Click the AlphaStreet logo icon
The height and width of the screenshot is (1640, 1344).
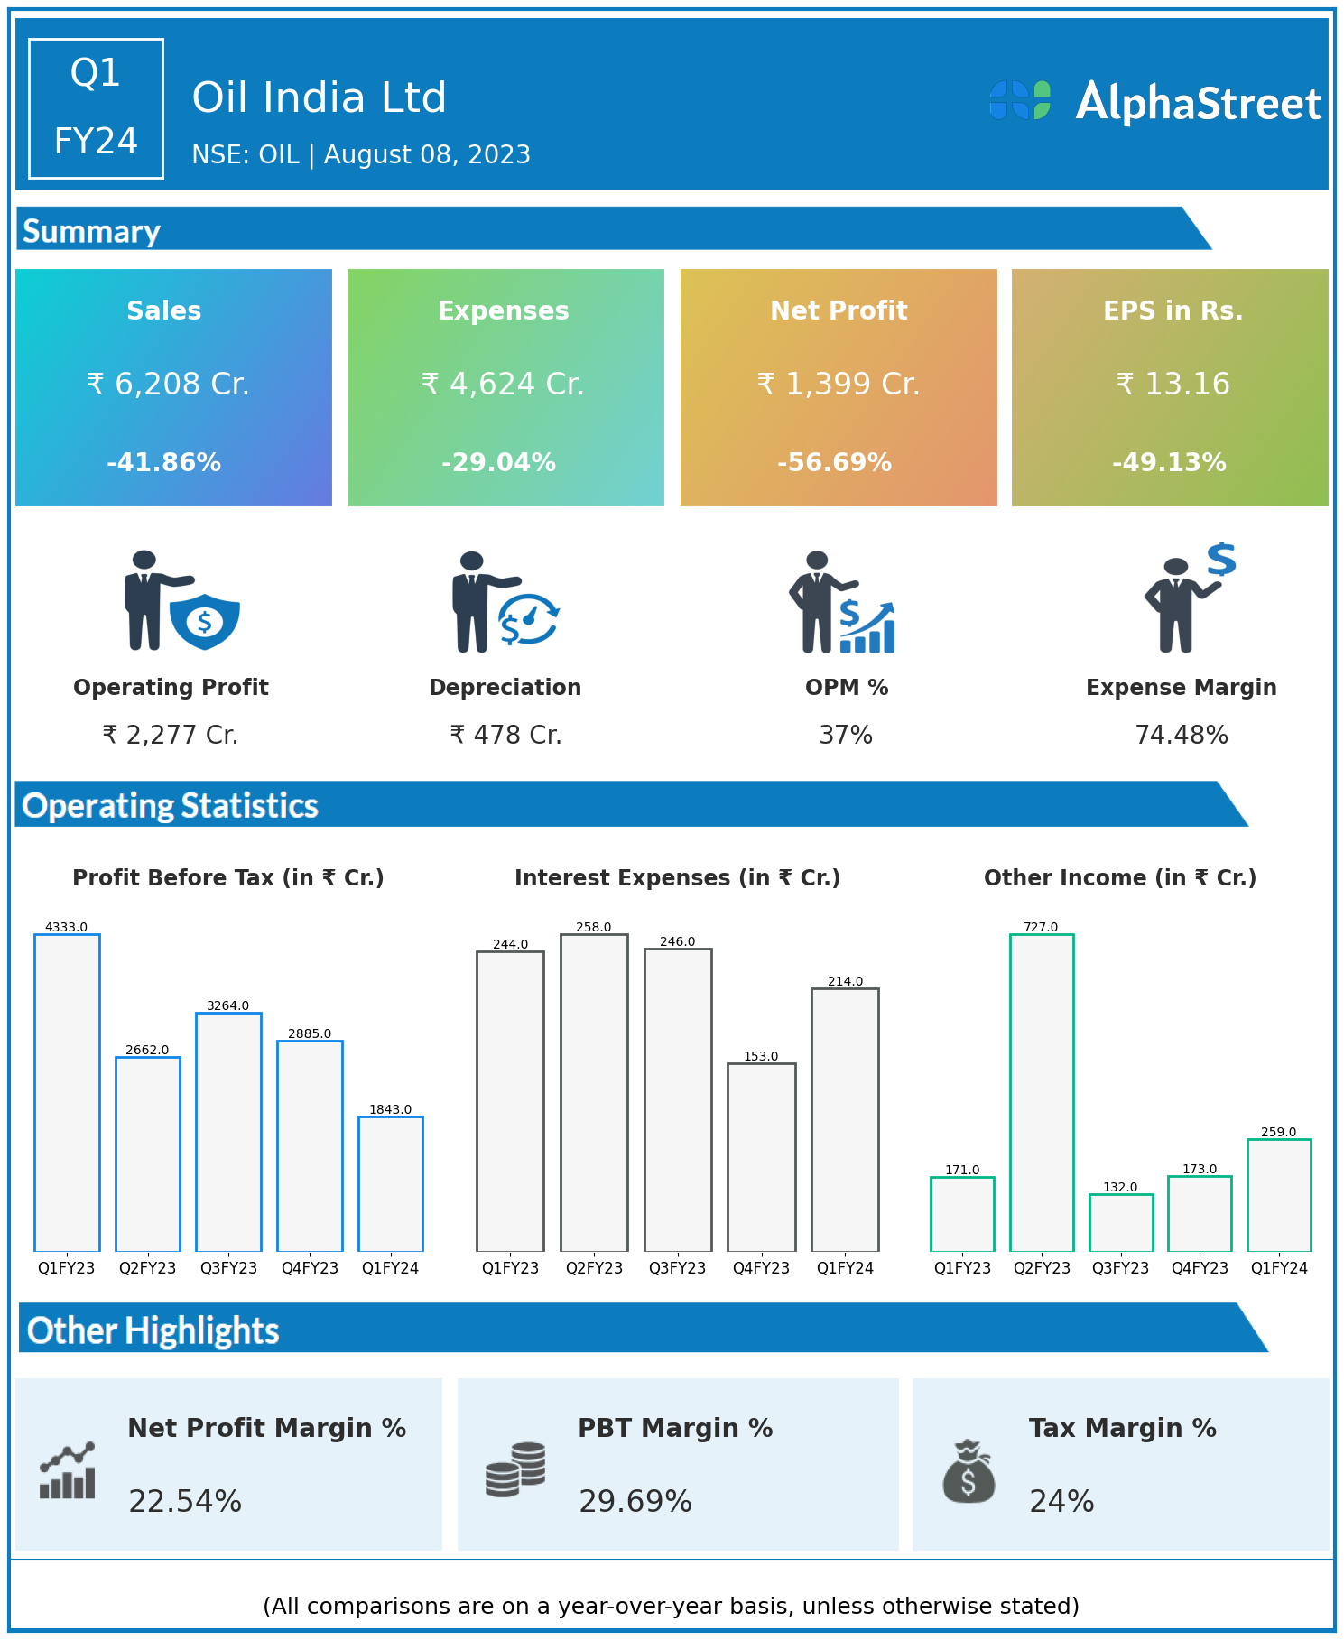pyautogui.click(x=1020, y=100)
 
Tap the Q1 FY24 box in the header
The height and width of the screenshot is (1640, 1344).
pyautogui.click(x=96, y=108)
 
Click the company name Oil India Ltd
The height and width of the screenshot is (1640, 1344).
pyautogui.click(x=320, y=97)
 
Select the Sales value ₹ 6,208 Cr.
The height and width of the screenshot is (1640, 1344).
pyautogui.click(x=168, y=385)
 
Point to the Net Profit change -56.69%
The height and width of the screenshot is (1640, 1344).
pyautogui.click(x=835, y=463)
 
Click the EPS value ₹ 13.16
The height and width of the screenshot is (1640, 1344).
pyautogui.click(x=1173, y=385)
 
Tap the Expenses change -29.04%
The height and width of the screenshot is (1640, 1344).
pyautogui.click(x=499, y=463)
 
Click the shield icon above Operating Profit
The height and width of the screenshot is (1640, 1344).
pyautogui.click(x=205, y=621)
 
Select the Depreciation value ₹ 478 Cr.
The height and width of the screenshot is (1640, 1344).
pyautogui.click(x=505, y=736)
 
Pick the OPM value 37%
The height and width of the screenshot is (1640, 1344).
pyautogui.click(x=846, y=736)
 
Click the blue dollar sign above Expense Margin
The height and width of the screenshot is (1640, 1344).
pyautogui.click(x=1221, y=560)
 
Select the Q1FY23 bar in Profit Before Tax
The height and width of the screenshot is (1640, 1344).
pyautogui.click(x=67, y=1092)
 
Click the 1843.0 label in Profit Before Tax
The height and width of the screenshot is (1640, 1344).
pyautogui.click(x=390, y=1109)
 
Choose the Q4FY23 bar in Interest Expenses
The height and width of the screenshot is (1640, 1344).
pyautogui.click(x=762, y=1157)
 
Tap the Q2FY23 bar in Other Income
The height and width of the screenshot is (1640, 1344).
pyautogui.click(x=1042, y=1092)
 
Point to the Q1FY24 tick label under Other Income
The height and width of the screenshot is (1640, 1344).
pyautogui.click(x=1279, y=1268)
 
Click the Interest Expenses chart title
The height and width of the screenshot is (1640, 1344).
pyautogui.click(x=677, y=878)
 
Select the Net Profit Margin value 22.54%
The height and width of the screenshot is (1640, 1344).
pyautogui.click(x=185, y=1501)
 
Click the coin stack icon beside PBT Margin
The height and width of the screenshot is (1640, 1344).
pyautogui.click(x=515, y=1469)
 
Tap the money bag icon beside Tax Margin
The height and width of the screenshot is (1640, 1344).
pyautogui.click(x=969, y=1471)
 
